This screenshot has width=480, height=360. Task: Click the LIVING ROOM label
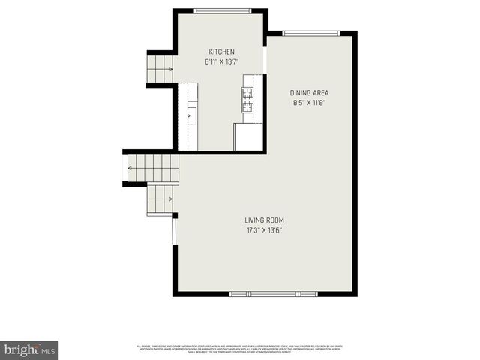(264, 220)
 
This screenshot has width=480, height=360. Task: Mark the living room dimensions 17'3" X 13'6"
(264, 230)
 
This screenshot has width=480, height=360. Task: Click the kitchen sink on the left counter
(192, 115)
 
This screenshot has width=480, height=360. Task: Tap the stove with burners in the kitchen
(247, 100)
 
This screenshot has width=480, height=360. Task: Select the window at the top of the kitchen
(223, 10)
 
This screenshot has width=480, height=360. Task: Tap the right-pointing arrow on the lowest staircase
(170, 199)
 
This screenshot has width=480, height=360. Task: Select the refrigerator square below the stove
(248, 137)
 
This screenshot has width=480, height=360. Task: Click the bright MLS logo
(29, 349)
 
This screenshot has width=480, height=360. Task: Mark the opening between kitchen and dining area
(265, 61)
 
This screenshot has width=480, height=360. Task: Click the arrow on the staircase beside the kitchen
(169, 68)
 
